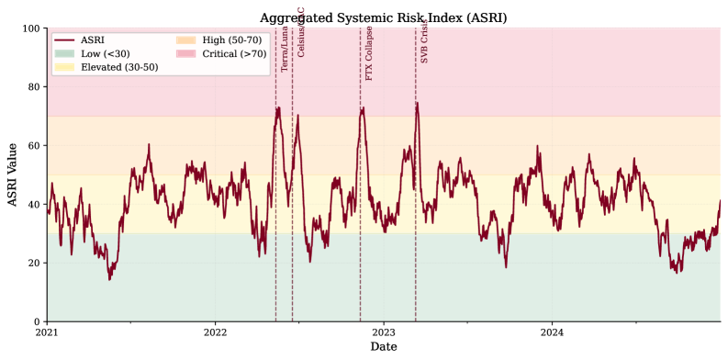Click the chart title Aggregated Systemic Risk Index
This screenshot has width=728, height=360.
(383, 17)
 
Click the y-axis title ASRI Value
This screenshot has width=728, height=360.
(13, 174)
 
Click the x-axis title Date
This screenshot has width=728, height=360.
(383, 347)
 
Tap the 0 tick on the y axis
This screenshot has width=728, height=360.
(38, 321)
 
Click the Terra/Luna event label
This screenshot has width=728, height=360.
(285, 51)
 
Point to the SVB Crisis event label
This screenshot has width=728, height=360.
(424, 42)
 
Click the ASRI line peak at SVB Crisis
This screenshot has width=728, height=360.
(417, 103)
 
